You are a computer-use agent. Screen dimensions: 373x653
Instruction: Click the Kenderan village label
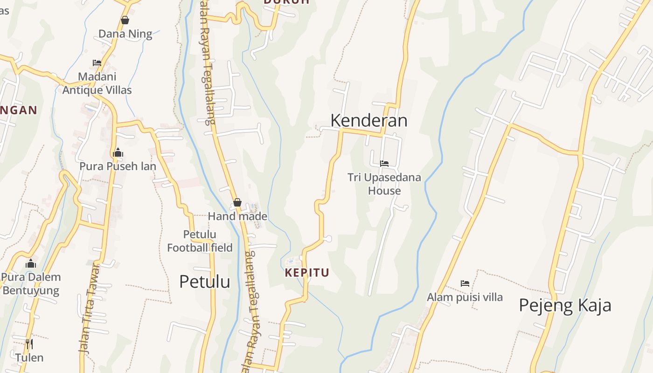point(368,120)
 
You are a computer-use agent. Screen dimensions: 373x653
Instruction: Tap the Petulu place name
point(204,282)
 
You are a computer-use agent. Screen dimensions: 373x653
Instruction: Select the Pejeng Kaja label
point(565,305)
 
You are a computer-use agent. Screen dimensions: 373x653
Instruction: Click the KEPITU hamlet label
point(307,273)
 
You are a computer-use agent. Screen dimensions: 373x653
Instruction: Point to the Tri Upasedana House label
point(384,184)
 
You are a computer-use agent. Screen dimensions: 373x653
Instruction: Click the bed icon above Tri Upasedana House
point(384,164)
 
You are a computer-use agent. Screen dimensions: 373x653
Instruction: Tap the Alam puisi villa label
point(465,297)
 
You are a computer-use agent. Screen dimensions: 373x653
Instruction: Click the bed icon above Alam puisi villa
point(465,283)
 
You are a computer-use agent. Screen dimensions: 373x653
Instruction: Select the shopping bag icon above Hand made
point(237,202)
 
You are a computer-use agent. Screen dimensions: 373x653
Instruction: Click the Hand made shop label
point(237,216)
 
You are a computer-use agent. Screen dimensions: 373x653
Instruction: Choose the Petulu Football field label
point(200,241)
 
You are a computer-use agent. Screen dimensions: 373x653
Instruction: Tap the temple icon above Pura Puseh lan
point(118,152)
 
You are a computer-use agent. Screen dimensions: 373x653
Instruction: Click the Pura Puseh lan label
point(118,166)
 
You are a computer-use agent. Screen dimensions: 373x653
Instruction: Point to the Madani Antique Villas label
point(97,83)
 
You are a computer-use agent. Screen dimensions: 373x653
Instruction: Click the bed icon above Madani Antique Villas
point(97,62)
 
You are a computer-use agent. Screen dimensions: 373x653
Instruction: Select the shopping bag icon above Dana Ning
point(125,20)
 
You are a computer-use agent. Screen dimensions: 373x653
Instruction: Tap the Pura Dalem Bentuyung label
point(31,283)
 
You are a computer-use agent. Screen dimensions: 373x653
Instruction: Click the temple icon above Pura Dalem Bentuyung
point(31,263)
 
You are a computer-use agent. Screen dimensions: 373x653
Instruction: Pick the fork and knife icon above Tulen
point(29,344)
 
